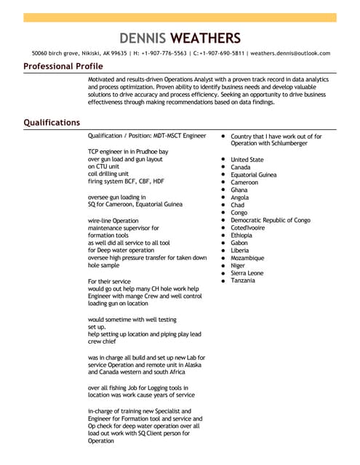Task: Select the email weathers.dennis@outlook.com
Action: click(x=291, y=53)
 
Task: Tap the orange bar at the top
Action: click(x=180, y=17)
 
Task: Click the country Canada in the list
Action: click(x=240, y=167)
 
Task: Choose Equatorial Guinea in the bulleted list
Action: click(x=253, y=175)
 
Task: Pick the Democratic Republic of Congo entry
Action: click(x=270, y=220)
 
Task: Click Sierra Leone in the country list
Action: click(x=247, y=273)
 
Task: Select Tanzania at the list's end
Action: click(x=243, y=280)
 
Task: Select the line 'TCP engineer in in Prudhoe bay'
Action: click(x=127, y=151)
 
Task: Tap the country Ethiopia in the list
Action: click(x=241, y=235)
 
